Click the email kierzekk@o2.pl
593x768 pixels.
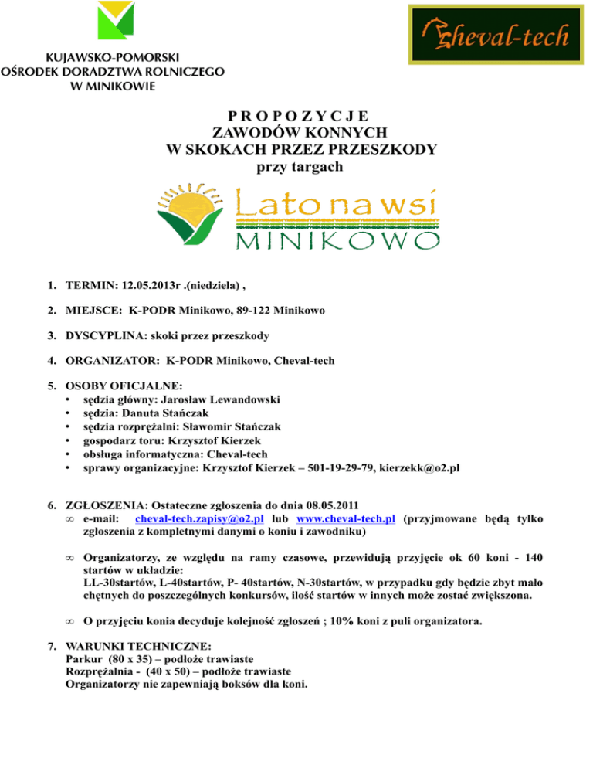(415, 466)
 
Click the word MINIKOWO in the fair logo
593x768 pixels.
(332, 243)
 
